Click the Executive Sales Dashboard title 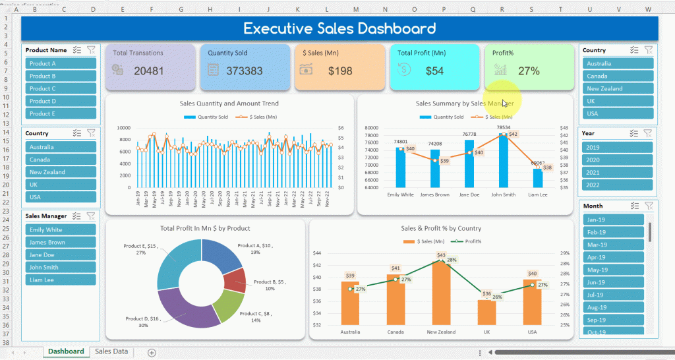(x=339, y=28)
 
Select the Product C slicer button (x=61, y=88)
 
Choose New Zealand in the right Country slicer (x=618, y=88)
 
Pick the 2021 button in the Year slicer (x=618, y=172)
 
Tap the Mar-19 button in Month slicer (x=613, y=245)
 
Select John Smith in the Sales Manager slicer (x=61, y=267)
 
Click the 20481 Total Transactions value (x=148, y=71)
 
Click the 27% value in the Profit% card (x=529, y=71)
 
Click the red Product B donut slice (x=235, y=280)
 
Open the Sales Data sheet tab (x=111, y=351)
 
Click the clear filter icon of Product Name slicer (x=92, y=50)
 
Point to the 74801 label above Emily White (x=400, y=142)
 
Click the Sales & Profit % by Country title (x=441, y=229)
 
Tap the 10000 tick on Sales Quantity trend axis (x=124, y=128)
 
